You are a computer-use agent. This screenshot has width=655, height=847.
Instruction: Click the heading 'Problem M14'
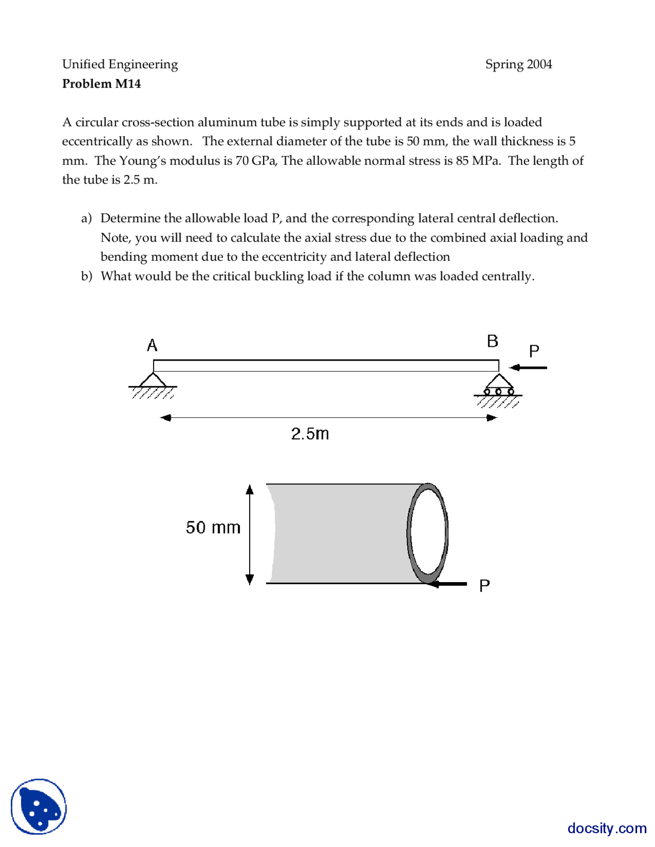[x=101, y=83]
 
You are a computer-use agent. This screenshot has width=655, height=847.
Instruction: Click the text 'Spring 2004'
[x=518, y=64]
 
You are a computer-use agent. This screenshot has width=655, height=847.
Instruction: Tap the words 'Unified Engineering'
[x=120, y=64]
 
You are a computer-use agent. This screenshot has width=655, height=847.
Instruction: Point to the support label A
[x=152, y=346]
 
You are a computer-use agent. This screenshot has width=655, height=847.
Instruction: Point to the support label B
[x=492, y=341]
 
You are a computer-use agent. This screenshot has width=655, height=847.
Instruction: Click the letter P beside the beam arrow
[x=534, y=351]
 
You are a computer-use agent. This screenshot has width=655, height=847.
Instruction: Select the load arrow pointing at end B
[x=528, y=367]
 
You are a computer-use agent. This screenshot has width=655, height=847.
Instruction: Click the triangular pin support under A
[x=152, y=381]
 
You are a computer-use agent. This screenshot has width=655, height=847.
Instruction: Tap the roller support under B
[x=499, y=385]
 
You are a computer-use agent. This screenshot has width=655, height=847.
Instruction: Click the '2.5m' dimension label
[x=310, y=434]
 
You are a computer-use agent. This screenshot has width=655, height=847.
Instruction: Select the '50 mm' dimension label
[x=213, y=527]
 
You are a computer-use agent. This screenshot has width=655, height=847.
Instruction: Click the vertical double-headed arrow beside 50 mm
[x=250, y=534]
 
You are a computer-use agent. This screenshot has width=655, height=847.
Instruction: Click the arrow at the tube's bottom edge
[x=448, y=584]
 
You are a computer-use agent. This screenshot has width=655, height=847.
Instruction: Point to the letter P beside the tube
[x=484, y=586]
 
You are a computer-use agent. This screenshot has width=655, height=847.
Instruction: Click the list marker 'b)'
[x=86, y=276]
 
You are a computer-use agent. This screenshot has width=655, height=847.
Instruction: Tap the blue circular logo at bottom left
[x=39, y=806]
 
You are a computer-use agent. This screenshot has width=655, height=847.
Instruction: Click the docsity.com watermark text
[x=606, y=828]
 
